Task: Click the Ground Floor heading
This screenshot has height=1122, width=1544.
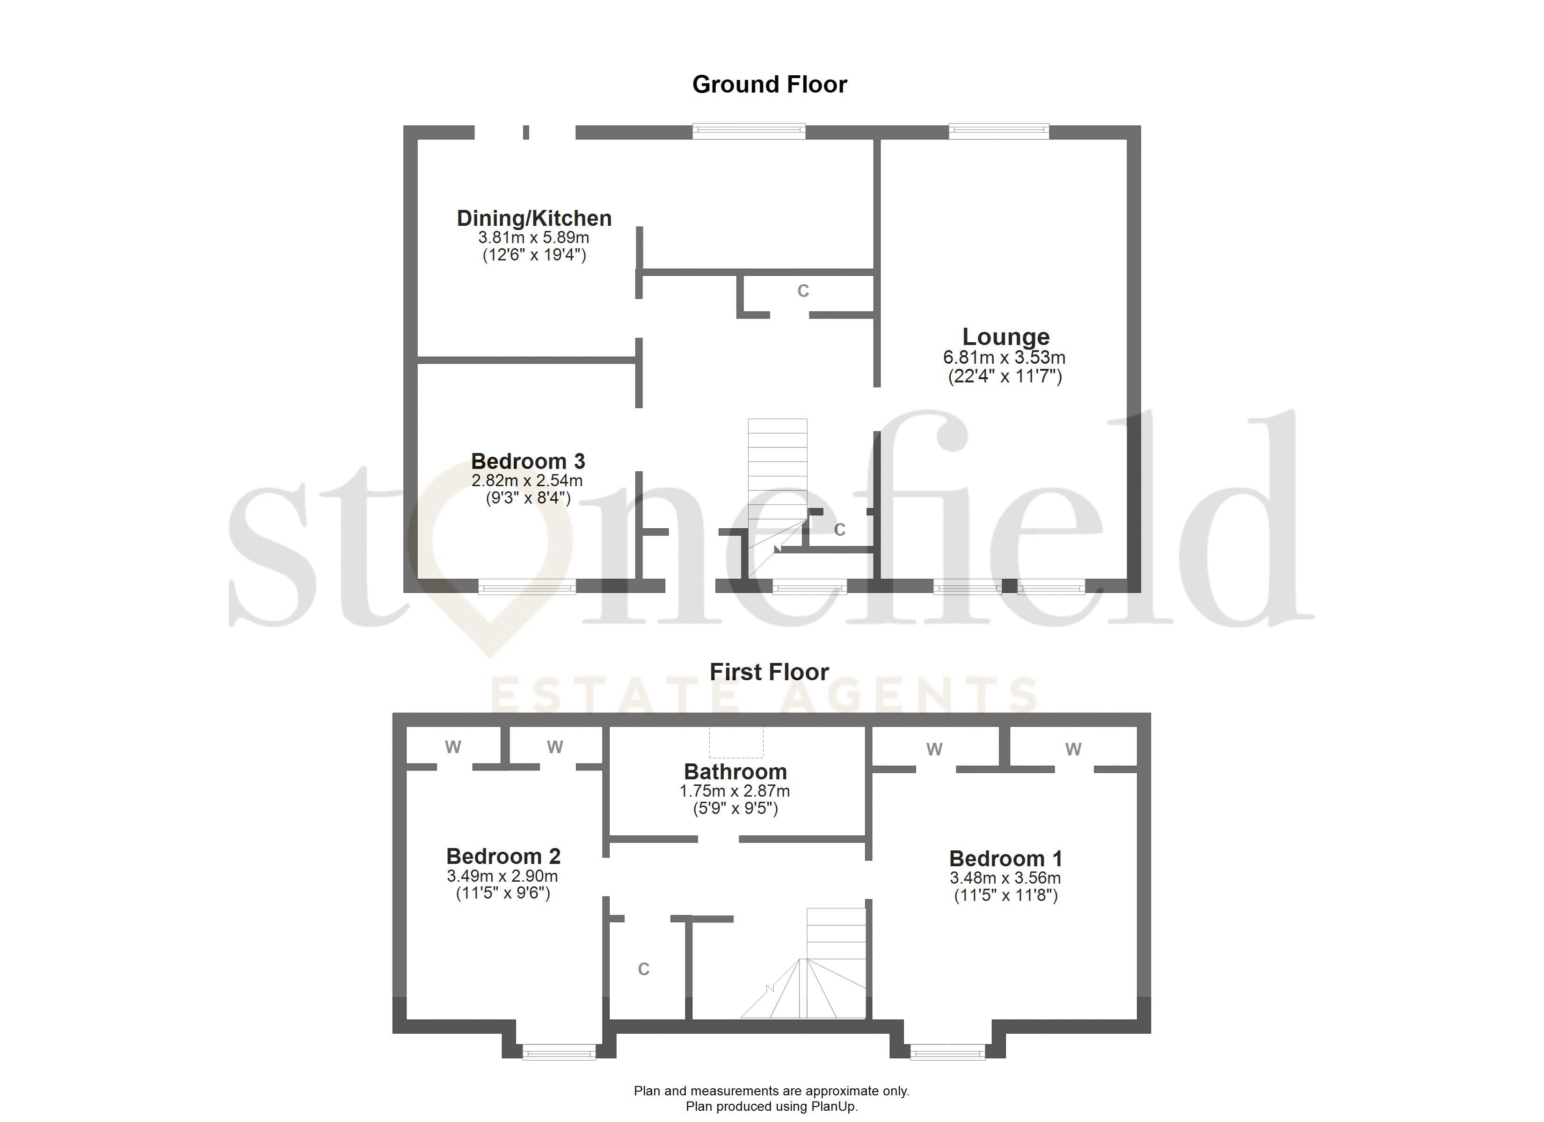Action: tap(769, 84)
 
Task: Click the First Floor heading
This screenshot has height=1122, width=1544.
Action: tap(769, 672)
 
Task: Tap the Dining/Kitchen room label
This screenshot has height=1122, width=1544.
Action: tap(534, 218)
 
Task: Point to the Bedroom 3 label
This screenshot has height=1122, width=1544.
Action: tap(528, 461)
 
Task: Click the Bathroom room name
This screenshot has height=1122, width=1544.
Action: tap(735, 771)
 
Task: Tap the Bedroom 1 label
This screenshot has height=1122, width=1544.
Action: tap(1005, 859)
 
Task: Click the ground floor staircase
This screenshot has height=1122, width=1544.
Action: tap(778, 476)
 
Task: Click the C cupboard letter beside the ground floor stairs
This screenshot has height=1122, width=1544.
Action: tap(839, 529)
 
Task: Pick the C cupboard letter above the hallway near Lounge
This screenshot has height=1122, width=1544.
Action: tap(803, 291)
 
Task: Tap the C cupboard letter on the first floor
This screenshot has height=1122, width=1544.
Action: tap(643, 969)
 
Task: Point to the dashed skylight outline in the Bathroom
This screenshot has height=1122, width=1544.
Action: tap(736, 742)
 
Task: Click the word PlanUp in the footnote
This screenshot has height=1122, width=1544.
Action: tap(833, 1107)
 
